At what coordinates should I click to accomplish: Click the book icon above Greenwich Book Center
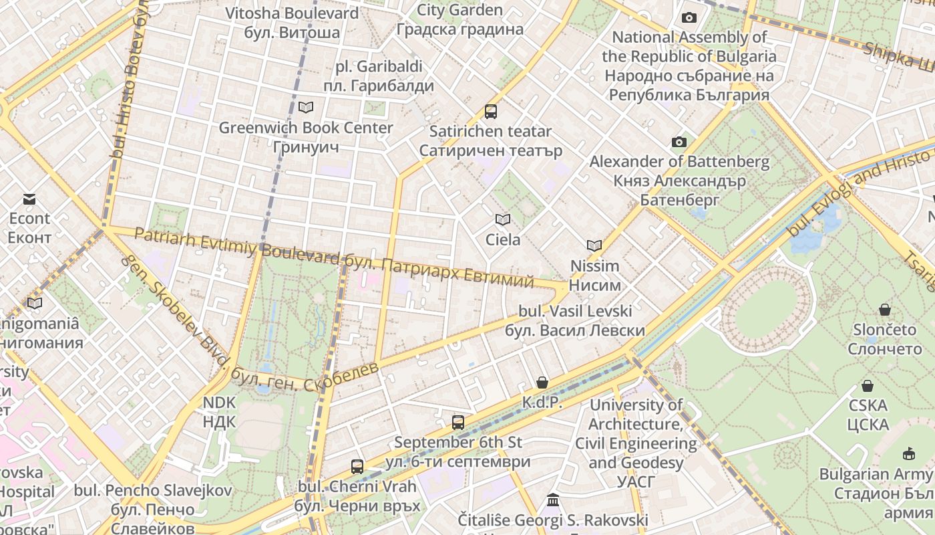point(306,107)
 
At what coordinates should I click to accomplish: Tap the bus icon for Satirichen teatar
point(491,111)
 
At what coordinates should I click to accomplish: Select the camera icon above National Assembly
point(689,17)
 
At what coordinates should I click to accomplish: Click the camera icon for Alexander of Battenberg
point(679,142)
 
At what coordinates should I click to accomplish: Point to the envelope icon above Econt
point(29,199)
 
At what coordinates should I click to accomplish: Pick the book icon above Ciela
point(503,219)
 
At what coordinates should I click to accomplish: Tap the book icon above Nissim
point(594,245)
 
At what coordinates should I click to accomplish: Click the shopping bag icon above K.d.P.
point(542,383)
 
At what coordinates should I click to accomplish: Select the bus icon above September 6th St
point(458,422)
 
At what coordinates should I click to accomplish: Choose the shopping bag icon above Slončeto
point(885,310)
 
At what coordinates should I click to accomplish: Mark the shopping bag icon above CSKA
point(868,386)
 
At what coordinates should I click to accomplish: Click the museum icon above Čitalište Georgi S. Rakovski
point(553,500)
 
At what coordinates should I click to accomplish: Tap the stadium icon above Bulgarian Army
point(909,454)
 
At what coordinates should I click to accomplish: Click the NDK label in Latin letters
point(219,402)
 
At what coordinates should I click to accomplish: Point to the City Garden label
point(459,10)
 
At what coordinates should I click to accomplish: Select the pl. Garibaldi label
point(379,67)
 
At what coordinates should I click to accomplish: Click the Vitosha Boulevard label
point(291,13)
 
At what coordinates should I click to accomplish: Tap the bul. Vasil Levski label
point(575,311)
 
